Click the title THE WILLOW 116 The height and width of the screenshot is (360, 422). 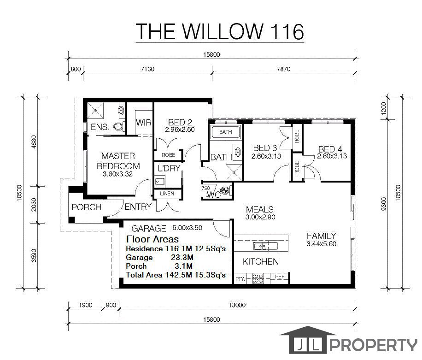click(x=220, y=31)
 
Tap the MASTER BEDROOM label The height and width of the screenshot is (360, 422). click(x=118, y=161)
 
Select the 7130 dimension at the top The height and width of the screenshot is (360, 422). click(x=147, y=69)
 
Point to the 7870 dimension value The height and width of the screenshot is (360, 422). click(x=284, y=69)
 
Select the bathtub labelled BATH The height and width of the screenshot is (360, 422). click(x=225, y=132)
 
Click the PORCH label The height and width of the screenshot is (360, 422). click(x=87, y=207)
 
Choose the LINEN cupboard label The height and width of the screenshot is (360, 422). click(x=167, y=193)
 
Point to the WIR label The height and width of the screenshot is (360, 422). click(x=144, y=123)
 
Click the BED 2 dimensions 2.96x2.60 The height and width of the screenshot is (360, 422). click(x=180, y=130)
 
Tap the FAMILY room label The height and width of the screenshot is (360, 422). click(x=322, y=236)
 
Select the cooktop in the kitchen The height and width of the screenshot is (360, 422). click(x=258, y=278)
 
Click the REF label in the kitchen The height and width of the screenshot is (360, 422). click(x=280, y=277)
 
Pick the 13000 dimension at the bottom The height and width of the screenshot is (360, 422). click(x=237, y=305)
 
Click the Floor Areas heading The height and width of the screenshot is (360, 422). click(x=152, y=239)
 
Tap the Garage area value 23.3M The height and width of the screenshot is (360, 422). click(x=182, y=257)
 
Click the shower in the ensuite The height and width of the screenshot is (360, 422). click(x=95, y=110)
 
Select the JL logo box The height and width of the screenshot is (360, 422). click(x=308, y=343)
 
